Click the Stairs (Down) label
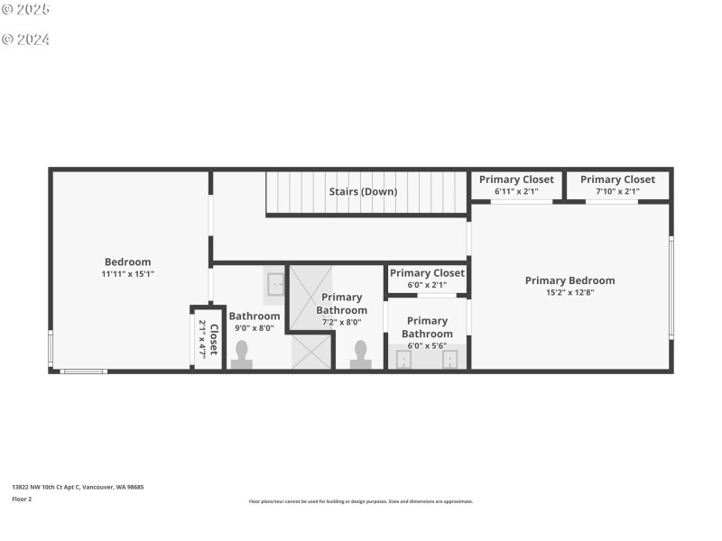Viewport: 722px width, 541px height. pyautogui.click(x=362, y=191)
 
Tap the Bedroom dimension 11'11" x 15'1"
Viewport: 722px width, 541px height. pyautogui.click(x=127, y=274)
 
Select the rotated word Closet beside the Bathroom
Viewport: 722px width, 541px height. pyautogui.click(x=214, y=339)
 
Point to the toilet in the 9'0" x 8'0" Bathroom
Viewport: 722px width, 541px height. pyautogui.click(x=242, y=356)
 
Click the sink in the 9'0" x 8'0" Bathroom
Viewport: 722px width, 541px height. pyautogui.click(x=275, y=285)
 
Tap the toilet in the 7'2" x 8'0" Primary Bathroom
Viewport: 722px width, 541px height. pyautogui.click(x=360, y=354)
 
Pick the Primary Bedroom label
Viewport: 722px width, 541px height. pyautogui.click(x=569, y=280)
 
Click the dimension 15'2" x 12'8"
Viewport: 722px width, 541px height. pyautogui.click(x=569, y=292)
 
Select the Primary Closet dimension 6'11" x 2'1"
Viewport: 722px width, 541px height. pyautogui.click(x=516, y=191)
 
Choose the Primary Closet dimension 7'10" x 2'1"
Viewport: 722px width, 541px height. pyautogui.click(x=617, y=191)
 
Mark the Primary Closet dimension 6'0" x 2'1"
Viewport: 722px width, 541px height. pyautogui.click(x=427, y=285)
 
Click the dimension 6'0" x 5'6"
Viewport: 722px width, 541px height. pyautogui.click(x=427, y=345)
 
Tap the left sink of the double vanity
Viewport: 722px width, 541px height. pyautogui.click(x=403, y=360)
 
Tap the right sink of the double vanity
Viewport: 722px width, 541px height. pyautogui.click(x=449, y=360)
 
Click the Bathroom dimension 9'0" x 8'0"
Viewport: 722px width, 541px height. pyautogui.click(x=254, y=328)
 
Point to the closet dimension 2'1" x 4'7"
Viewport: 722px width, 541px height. pyautogui.click(x=202, y=339)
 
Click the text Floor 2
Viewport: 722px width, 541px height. pyautogui.click(x=22, y=499)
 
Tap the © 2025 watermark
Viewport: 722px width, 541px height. pyautogui.click(x=25, y=10)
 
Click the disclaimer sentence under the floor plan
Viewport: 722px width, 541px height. pyautogui.click(x=361, y=501)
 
